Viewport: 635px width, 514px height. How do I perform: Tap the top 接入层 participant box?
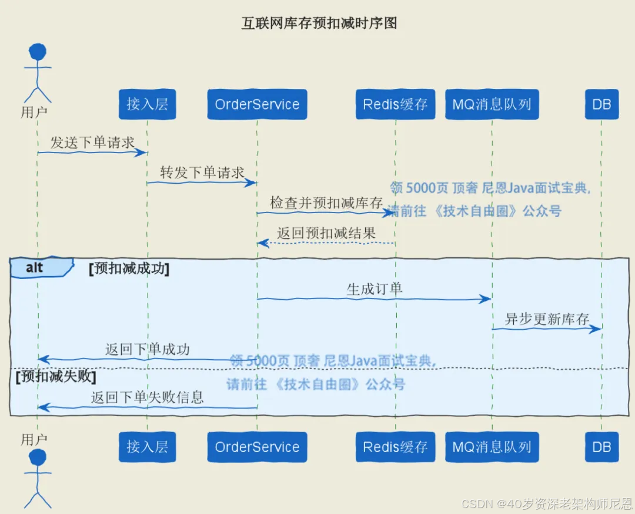pos(147,104)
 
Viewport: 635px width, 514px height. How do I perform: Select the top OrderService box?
pos(257,104)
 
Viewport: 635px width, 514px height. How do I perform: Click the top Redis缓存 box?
pos(395,104)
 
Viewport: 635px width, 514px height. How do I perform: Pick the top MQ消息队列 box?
pos(492,104)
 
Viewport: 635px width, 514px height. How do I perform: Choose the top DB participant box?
pos(601,104)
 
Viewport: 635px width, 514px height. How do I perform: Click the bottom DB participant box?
pos(601,447)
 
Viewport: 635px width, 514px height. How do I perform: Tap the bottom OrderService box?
pos(257,447)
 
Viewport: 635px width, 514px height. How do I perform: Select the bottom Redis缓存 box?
pos(395,447)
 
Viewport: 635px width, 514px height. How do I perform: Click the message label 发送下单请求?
pos(92,142)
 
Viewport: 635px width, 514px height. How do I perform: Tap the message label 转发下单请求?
pos(202,173)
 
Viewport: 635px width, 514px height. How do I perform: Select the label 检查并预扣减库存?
pos(326,203)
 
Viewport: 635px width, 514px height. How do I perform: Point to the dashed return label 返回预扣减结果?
pos(326,233)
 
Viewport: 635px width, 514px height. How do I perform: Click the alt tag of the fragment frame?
pos(35,268)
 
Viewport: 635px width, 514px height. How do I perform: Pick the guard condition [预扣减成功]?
pos(129,269)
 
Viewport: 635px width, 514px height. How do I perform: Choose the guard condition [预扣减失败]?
pos(55,376)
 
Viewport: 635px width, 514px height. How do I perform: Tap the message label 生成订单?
pos(375,289)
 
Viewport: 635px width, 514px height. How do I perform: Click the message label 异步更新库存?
pos(547,319)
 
